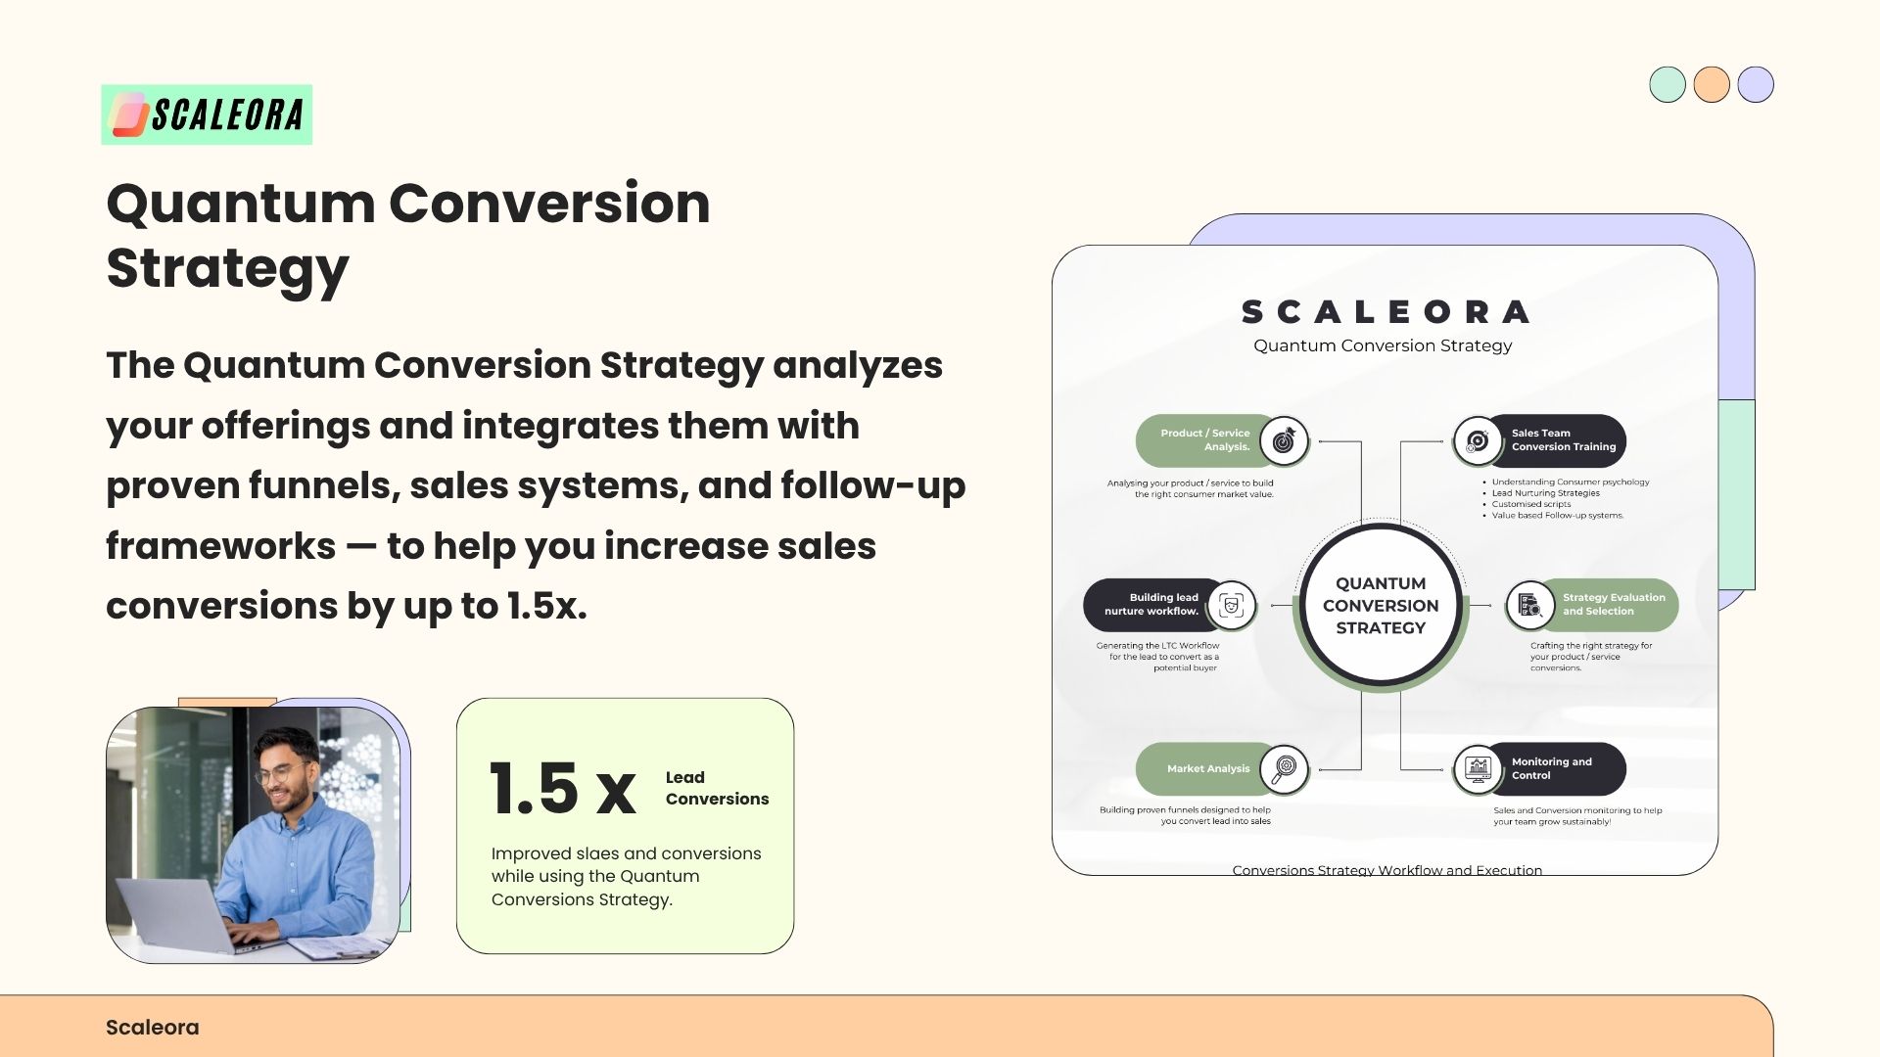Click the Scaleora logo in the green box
(207, 115)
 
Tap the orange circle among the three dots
(1712, 84)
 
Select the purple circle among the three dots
(1756, 84)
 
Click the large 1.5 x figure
(563, 789)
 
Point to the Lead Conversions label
(717, 788)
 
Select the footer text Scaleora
(153, 1028)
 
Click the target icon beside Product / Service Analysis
(1284, 440)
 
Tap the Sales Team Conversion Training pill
(1539, 440)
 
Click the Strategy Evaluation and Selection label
(1614, 604)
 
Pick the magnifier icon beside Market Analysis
(1284, 769)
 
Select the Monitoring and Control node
(1539, 769)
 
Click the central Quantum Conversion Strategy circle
(1381, 606)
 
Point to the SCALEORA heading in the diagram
(1384, 312)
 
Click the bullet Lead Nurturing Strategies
(1545, 493)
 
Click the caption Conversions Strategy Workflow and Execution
(1386, 870)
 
